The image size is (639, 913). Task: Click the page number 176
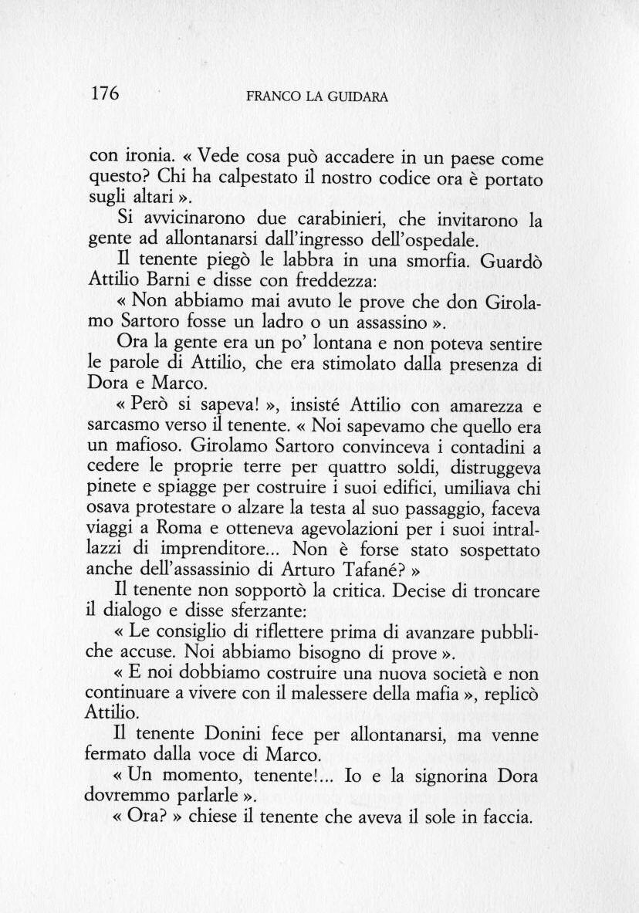click(x=105, y=94)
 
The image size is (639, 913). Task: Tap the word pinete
click(x=110, y=488)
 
